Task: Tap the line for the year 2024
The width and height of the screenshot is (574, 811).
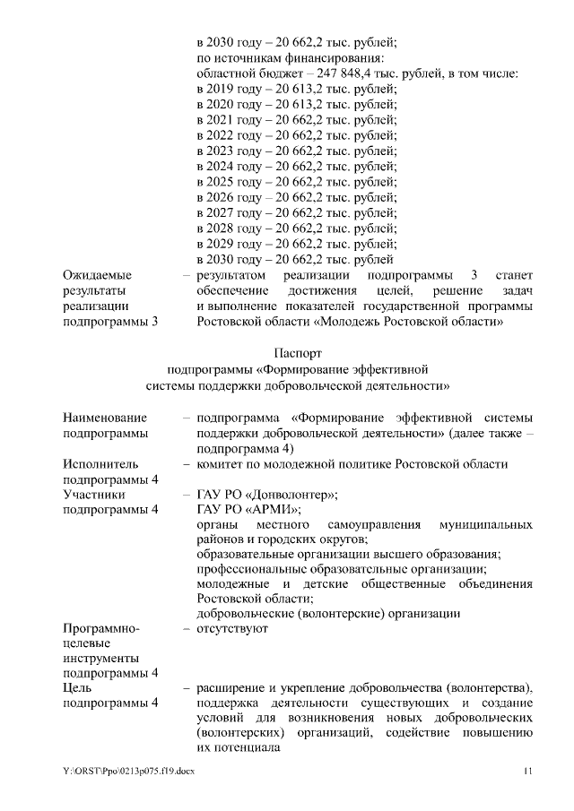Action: pyautogui.click(x=296, y=166)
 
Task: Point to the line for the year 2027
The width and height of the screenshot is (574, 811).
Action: pyautogui.click(x=296, y=212)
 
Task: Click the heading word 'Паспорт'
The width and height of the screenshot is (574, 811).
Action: pyautogui.click(x=297, y=354)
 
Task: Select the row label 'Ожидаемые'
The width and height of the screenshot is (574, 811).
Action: pyautogui.click(x=97, y=275)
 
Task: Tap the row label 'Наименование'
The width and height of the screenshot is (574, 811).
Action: pyautogui.click(x=105, y=418)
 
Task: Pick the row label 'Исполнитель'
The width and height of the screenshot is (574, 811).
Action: pyautogui.click(x=100, y=464)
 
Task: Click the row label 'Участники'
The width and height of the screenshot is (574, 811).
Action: pyautogui.click(x=93, y=494)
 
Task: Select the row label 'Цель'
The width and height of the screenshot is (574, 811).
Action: pyautogui.click(x=78, y=687)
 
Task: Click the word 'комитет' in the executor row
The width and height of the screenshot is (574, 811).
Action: pyautogui.click(x=221, y=464)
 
